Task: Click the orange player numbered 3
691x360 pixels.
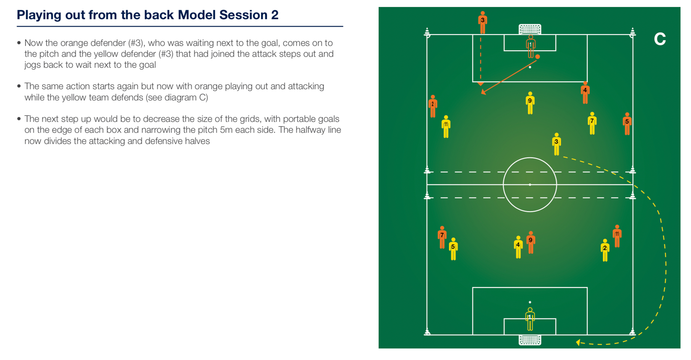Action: [483, 22]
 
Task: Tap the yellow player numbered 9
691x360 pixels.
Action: [530, 103]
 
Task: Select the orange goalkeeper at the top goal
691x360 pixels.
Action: [530, 46]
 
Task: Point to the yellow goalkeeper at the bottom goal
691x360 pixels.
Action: [530, 319]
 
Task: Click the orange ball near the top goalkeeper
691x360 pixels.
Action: [538, 57]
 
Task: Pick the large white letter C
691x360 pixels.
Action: [660, 39]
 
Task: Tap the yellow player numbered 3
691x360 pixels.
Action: [557, 144]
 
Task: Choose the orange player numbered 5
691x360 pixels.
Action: [627, 124]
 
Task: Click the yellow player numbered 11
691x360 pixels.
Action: [446, 126]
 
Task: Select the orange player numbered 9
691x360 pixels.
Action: [531, 242]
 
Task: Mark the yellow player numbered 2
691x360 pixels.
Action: [605, 250]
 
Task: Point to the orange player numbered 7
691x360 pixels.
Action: [442, 237]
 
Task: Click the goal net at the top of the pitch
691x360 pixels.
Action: [530, 29]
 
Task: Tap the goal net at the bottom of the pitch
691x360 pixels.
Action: [530, 340]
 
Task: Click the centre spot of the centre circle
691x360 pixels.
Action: [530, 185]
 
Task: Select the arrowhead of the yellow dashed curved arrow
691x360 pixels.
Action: [578, 342]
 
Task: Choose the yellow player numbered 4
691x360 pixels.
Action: [519, 247]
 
